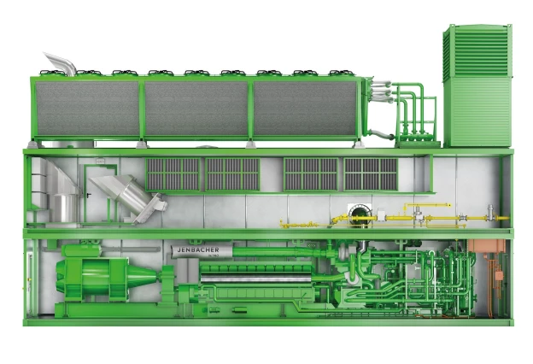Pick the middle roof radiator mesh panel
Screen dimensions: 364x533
(197, 109)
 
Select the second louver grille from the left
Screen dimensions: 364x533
(232, 174)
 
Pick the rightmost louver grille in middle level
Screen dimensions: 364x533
(371, 174)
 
